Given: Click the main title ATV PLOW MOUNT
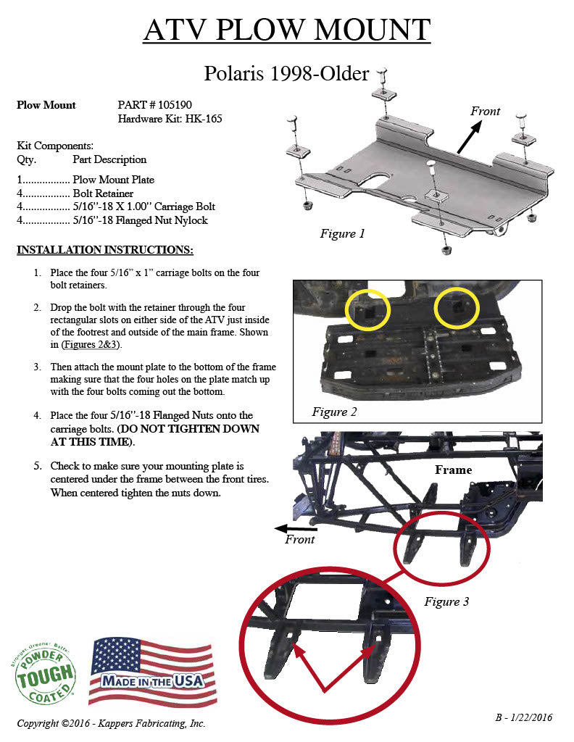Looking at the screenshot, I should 286,30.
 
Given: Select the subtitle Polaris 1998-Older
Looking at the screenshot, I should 286,73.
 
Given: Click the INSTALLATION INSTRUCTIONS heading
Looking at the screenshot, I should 105,250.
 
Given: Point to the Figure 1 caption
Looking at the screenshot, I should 342,233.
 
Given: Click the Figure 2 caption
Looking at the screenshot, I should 334,412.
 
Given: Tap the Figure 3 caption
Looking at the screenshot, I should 446,601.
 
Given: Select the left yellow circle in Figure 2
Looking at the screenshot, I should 368,310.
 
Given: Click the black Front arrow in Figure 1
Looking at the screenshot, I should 468,137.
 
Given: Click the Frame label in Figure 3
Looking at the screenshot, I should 453,470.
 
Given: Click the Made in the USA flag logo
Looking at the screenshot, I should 152,672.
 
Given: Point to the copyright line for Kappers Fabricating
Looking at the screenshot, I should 111,723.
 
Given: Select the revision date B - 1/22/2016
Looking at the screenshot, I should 523,717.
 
